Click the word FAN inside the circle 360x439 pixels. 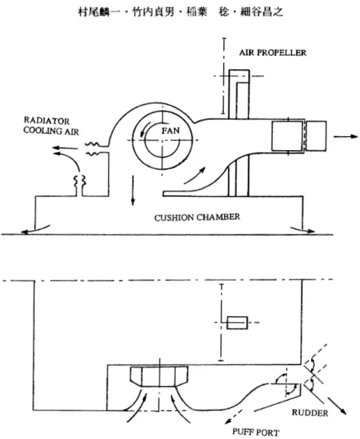tap(170, 131)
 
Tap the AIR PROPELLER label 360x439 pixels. tap(272, 53)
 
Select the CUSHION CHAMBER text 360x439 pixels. tap(197, 217)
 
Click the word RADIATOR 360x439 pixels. tap(47, 121)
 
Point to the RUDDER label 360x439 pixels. tap(310, 413)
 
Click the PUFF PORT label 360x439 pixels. tap(256, 432)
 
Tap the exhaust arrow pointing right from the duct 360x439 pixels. tap(345, 136)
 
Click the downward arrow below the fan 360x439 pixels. tap(133, 191)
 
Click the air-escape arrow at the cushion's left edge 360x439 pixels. tap(35, 230)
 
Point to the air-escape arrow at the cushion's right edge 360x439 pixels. tap(302, 230)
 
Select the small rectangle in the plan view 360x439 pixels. tap(237, 322)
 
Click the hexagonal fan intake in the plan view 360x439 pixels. tap(159, 378)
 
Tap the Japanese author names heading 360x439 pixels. tap(180, 12)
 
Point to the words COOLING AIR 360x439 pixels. tap(51, 131)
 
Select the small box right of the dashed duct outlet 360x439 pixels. tap(316, 136)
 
